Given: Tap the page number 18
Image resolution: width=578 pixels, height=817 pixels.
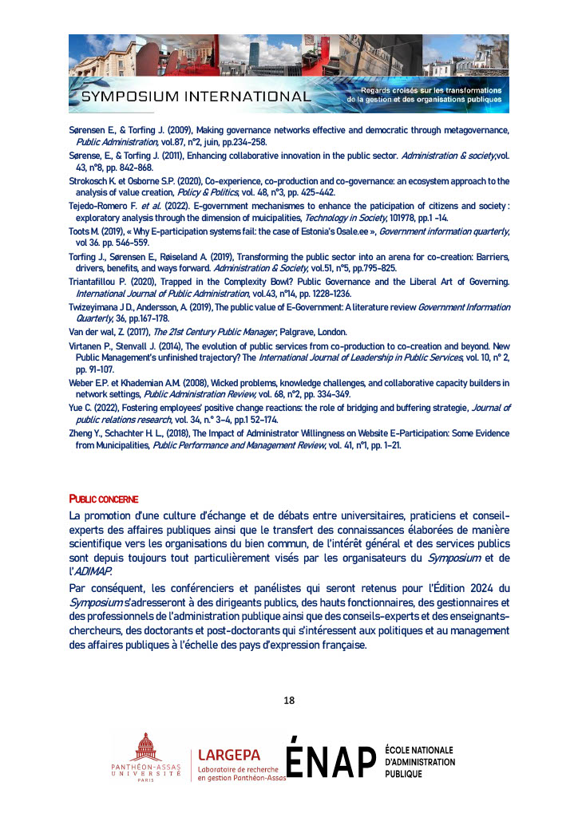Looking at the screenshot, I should click(289, 701).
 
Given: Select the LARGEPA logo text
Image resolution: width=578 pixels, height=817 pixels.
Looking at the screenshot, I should click(235, 754).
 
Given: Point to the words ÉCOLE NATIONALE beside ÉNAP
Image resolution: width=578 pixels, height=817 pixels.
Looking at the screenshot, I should click(419, 750).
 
